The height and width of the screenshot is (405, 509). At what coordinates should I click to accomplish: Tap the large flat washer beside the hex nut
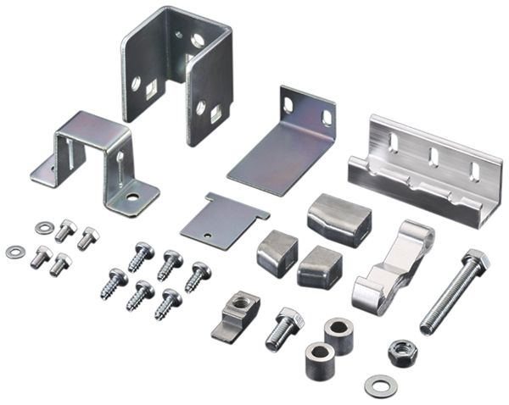[381, 386]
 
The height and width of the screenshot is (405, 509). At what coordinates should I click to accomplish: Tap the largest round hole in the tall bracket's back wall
[198, 40]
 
